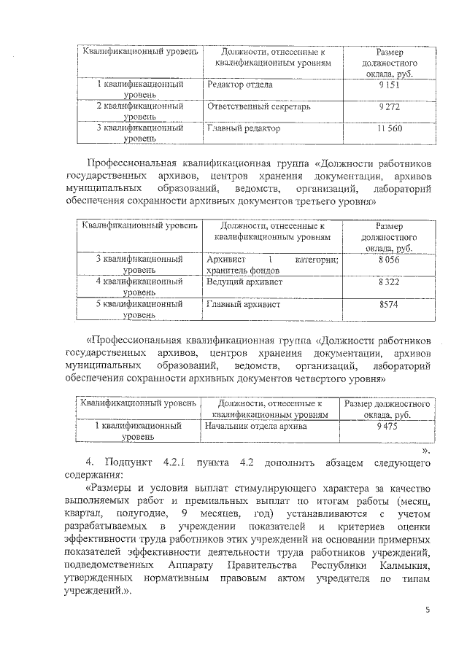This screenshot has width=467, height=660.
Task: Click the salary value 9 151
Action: (x=392, y=85)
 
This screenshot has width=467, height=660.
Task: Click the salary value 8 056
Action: (x=391, y=259)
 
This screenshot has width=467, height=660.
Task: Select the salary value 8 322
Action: (x=391, y=282)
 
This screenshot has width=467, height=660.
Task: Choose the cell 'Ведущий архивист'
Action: (x=244, y=282)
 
